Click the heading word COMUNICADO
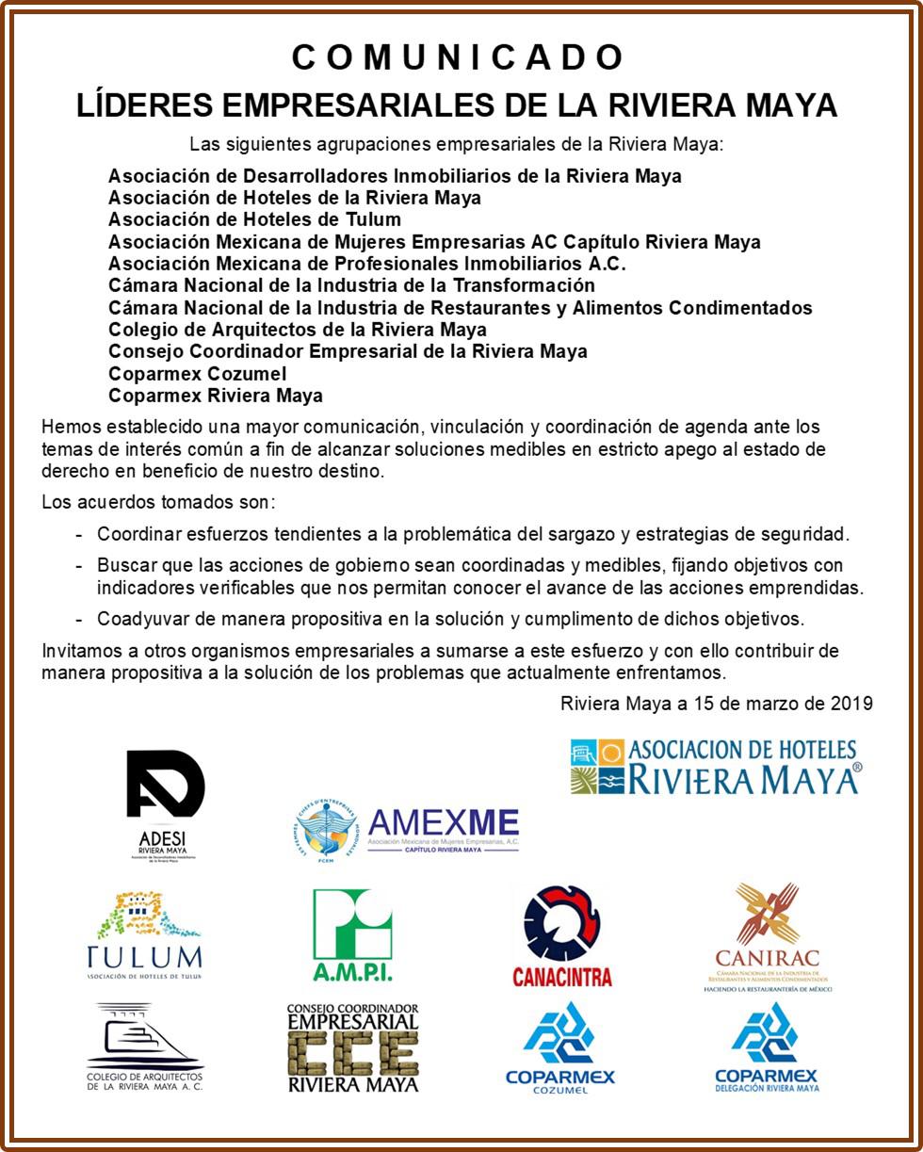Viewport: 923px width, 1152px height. [459, 57]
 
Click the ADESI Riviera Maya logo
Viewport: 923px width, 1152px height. [165, 803]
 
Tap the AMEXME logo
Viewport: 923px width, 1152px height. [405, 828]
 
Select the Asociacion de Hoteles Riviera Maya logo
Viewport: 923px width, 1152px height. [715, 767]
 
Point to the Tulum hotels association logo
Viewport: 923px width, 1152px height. [144, 936]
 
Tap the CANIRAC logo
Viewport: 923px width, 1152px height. [768, 936]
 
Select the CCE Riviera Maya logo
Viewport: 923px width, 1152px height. [353, 1047]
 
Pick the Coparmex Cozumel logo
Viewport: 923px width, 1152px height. [560, 1047]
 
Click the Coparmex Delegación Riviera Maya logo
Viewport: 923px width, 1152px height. [767, 1047]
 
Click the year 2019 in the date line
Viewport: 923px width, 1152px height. [852, 704]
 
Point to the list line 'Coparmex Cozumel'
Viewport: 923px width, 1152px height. [198, 374]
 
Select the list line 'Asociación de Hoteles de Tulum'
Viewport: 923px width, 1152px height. [254, 219]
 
